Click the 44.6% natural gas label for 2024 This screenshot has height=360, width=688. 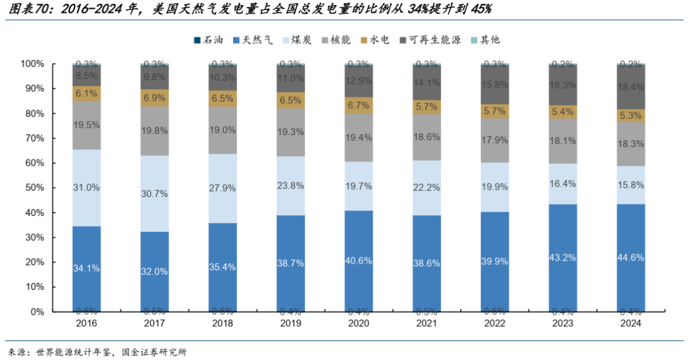pyautogui.click(x=631, y=258)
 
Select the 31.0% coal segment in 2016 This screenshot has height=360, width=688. pyautogui.click(x=87, y=188)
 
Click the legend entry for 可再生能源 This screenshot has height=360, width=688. pyautogui.click(x=433, y=40)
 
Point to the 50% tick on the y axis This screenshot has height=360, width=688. pyautogui.click(x=32, y=188)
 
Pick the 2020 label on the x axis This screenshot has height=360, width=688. pyautogui.click(x=359, y=323)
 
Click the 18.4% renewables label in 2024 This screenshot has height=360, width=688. pyautogui.click(x=631, y=86)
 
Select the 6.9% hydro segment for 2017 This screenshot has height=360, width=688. pyautogui.click(x=155, y=98)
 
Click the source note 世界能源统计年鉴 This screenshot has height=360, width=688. pyautogui.click(x=73, y=352)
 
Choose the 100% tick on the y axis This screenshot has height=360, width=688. pyautogui.click(x=31, y=64)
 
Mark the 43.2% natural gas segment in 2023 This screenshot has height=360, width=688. pyautogui.click(x=563, y=258)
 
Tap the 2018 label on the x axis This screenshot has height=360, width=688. pyautogui.click(x=222, y=323)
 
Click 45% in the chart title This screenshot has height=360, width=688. pyautogui.click(x=478, y=10)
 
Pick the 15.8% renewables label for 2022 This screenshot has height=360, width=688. pyautogui.click(x=495, y=84)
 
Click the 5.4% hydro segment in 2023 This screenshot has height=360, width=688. pyautogui.click(x=563, y=112)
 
